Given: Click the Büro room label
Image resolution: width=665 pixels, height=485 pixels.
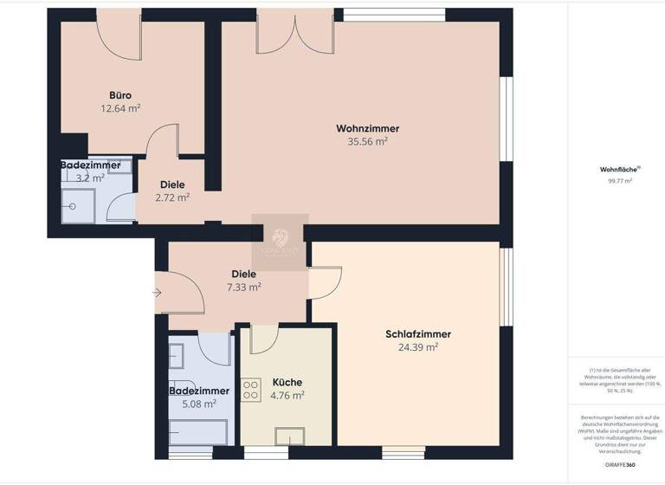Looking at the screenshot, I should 120,95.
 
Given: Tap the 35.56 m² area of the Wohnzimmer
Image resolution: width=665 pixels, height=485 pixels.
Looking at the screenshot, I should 367,142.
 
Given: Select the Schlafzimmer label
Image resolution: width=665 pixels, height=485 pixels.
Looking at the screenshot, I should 418,334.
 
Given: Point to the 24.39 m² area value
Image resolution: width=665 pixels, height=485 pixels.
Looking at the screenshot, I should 417,347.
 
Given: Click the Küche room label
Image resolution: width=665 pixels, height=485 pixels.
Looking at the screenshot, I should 287,382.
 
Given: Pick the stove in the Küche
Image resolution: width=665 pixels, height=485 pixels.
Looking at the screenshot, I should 251,391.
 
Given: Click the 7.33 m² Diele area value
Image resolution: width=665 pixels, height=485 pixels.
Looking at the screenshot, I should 243,287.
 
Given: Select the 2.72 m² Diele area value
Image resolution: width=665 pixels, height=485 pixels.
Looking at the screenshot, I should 172,197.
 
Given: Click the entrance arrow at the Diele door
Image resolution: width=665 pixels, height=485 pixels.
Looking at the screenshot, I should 157,293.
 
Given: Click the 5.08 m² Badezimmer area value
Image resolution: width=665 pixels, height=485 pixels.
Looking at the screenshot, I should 199,404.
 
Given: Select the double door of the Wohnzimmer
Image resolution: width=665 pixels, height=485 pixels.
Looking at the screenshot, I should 294,35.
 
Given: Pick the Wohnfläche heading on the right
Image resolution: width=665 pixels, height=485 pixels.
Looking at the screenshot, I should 616,170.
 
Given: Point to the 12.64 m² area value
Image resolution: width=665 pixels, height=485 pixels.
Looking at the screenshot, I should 120,108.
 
